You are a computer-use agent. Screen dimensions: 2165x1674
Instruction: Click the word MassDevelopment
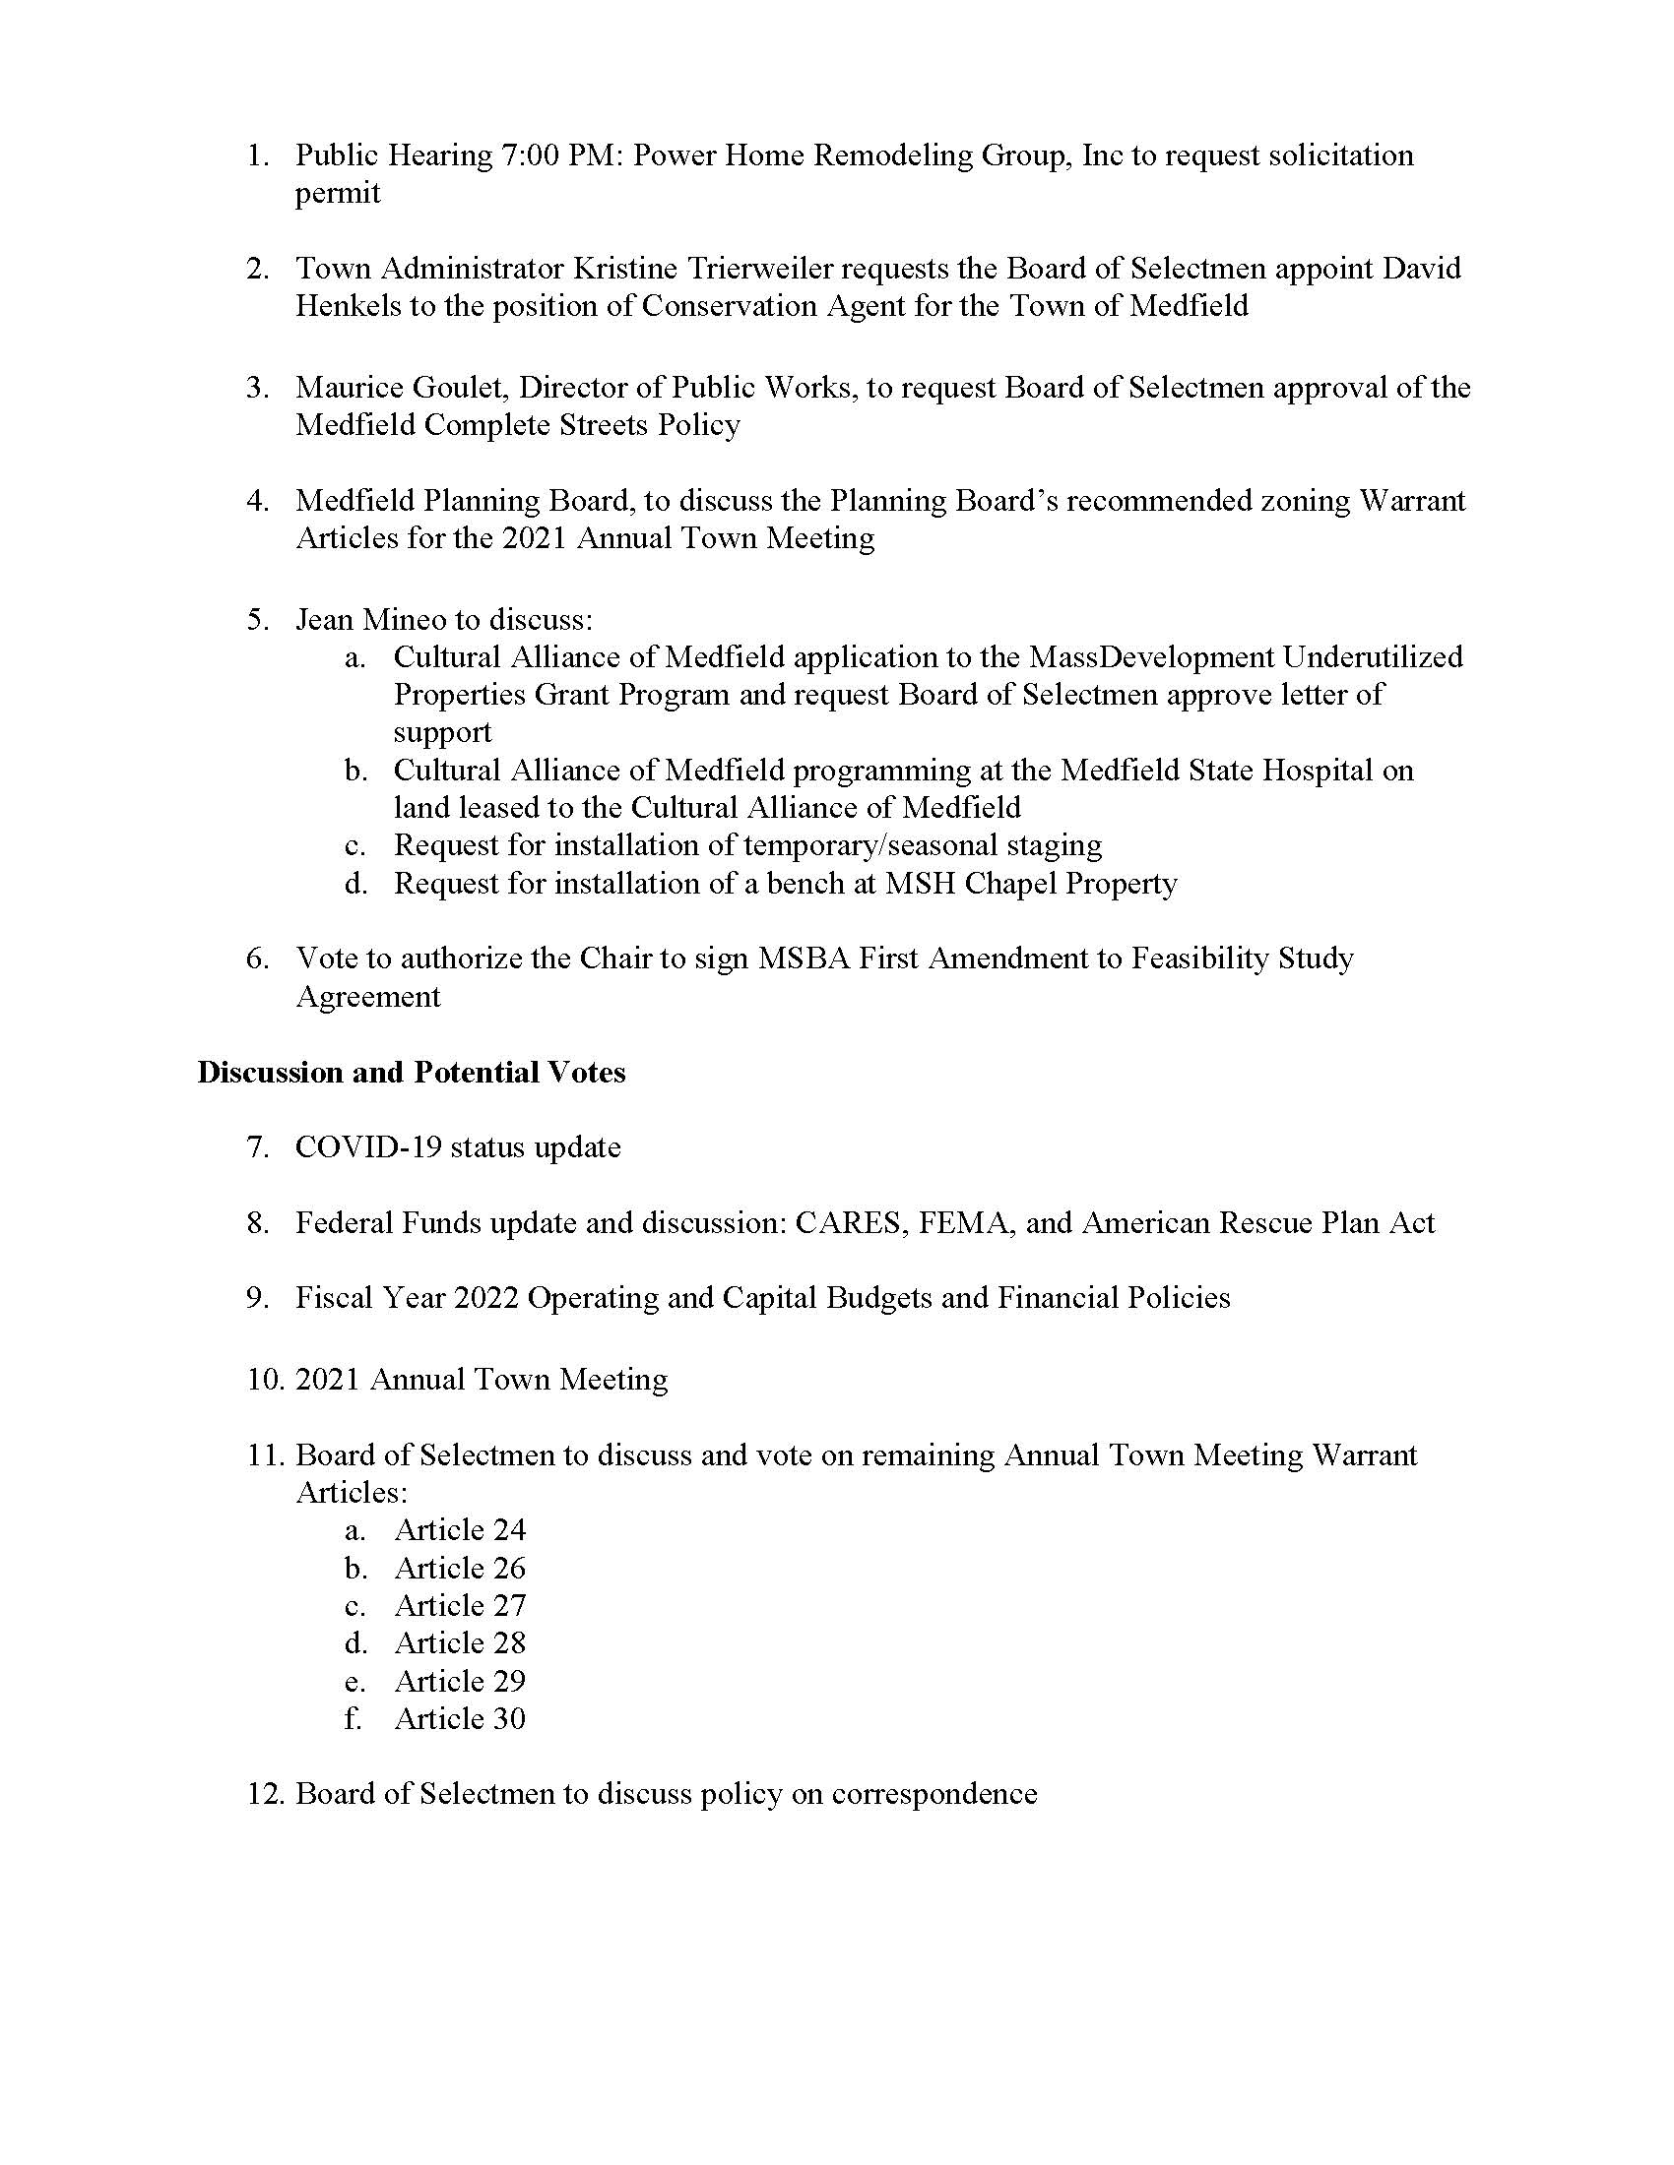pyautogui.click(x=1150, y=657)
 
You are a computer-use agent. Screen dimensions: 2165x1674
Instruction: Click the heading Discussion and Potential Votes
pyautogui.click(x=412, y=1073)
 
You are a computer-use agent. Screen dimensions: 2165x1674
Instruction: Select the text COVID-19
pyautogui.click(x=368, y=1147)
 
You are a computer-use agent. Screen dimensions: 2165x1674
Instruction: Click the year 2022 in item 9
pyautogui.click(x=485, y=1299)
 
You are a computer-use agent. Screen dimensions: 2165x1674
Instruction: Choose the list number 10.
pyautogui.click(x=266, y=1380)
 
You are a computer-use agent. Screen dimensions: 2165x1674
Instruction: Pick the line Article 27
pyautogui.click(x=460, y=1606)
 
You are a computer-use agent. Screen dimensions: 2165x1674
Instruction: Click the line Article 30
pyautogui.click(x=460, y=1719)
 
